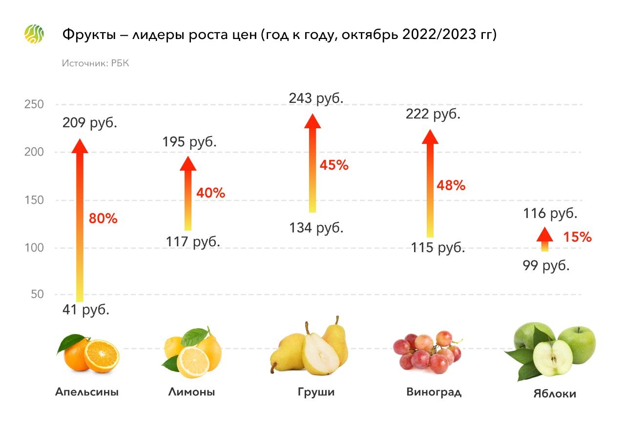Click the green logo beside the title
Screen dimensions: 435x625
34,34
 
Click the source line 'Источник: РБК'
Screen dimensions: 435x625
95,63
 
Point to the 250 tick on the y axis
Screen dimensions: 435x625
34,104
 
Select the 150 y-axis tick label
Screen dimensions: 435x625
34,200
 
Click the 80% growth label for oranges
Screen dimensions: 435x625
103,218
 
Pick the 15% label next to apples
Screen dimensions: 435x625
577,237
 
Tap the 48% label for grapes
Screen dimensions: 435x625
451,185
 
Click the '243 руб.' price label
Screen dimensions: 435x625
316,98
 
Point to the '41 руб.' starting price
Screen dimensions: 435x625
85,310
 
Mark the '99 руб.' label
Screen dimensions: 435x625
546,266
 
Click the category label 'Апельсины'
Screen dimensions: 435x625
87,392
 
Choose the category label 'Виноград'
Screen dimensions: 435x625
434,392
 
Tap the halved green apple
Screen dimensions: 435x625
552,358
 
